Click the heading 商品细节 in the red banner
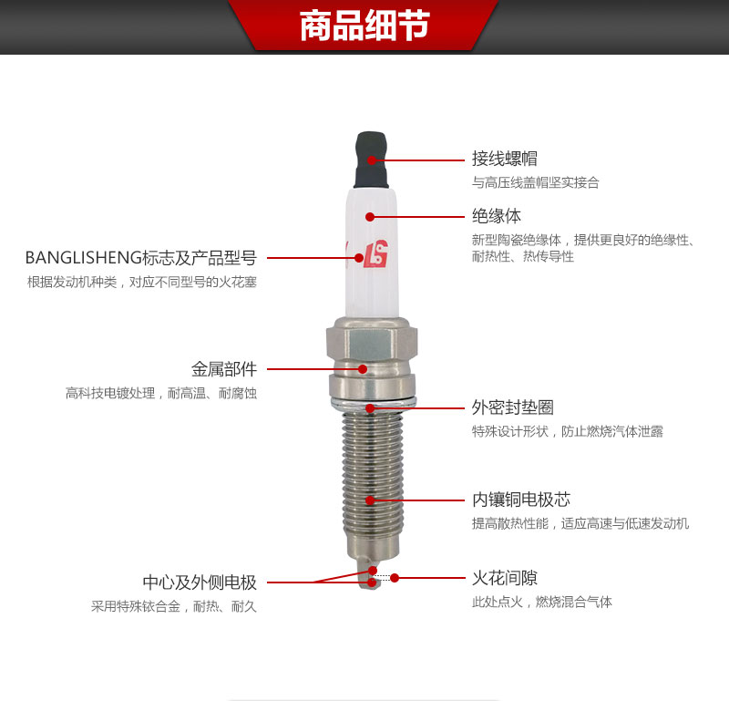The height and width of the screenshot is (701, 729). [364, 26]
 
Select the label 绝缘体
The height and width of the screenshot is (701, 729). [497, 217]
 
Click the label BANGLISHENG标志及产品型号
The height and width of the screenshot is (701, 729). [140, 258]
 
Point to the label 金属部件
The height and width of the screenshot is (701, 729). [224, 369]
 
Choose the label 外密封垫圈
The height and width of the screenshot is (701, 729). [512, 407]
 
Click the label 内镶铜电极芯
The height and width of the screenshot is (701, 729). [520, 500]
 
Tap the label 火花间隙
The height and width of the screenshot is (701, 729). [504, 578]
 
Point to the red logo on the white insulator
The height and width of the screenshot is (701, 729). [375, 256]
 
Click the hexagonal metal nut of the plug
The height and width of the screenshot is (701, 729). [368, 345]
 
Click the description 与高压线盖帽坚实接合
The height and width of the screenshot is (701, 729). [535, 183]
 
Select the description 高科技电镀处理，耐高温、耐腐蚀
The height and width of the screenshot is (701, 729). [161, 394]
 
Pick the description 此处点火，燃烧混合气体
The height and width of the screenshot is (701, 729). [541, 603]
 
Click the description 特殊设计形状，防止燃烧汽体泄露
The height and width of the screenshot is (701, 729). [567, 432]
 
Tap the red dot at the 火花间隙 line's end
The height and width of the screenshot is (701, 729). [395, 577]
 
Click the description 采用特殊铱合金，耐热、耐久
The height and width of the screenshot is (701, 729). [174, 606]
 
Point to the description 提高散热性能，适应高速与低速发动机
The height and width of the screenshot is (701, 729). [580, 524]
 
